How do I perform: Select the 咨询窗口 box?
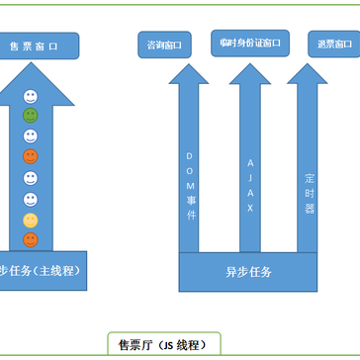(163, 45)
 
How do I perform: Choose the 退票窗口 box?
(329, 45)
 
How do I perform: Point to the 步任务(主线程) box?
(41, 269)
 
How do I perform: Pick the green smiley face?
(31, 115)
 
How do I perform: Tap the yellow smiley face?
(31, 219)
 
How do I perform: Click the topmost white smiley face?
(31, 96)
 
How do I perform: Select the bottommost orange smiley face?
(31, 239)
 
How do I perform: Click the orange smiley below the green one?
(31, 156)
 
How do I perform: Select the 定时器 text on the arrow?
(310, 187)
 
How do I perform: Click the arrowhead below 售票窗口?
(31, 75)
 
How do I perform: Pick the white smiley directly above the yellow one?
(31, 198)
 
